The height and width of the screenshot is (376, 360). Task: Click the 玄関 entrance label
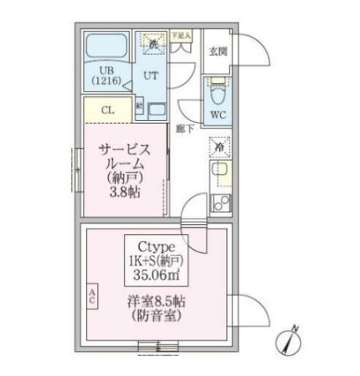click(x=217, y=52)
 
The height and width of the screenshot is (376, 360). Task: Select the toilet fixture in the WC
click(x=217, y=92)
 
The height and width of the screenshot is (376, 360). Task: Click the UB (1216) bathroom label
click(x=104, y=75)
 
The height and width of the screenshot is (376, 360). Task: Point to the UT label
click(x=149, y=76)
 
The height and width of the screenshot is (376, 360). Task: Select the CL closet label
click(x=107, y=110)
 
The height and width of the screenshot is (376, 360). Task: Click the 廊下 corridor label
click(x=185, y=128)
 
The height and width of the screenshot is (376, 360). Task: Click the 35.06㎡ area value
click(x=159, y=275)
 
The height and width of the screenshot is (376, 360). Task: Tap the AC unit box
click(x=92, y=295)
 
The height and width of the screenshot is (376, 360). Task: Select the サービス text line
click(x=124, y=149)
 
